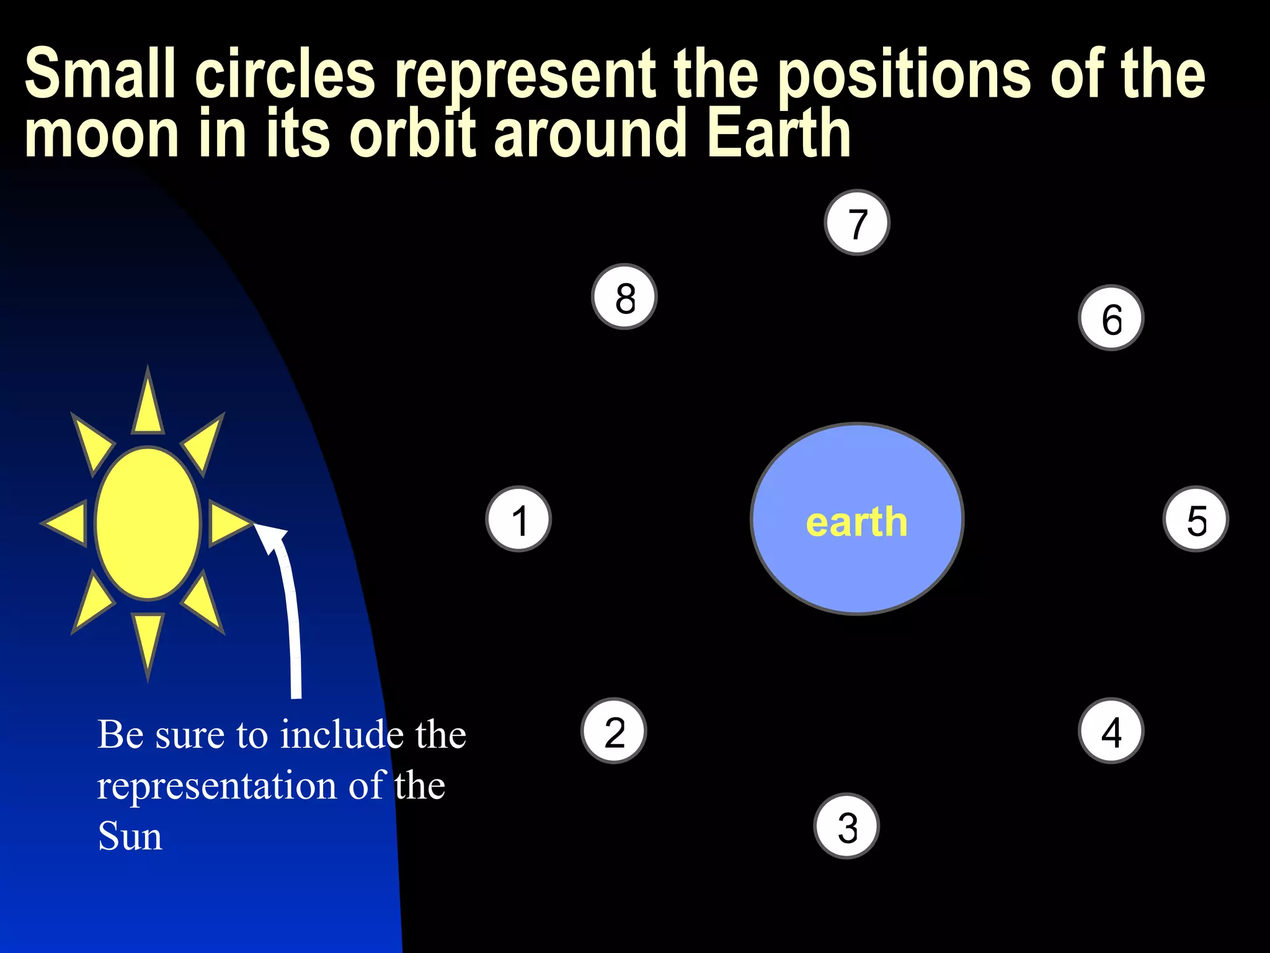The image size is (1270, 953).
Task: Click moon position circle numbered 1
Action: tap(518, 519)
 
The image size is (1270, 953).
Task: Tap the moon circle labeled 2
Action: tap(614, 731)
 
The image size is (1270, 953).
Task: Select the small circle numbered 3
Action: tap(846, 826)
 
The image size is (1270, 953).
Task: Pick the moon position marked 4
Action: tap(1111, 731)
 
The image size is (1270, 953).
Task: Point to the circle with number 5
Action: tap(1196, 519)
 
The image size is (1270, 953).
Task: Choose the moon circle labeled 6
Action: tap(1111, 318)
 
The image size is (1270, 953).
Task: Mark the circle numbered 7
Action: tap(857, 222)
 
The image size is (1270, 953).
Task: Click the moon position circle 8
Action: tap(624, 297)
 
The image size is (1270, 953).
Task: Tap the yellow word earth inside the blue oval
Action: tap(856, 522)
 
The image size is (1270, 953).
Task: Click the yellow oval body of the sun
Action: tap(148, 524)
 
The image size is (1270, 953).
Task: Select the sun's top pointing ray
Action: tap(148, 403)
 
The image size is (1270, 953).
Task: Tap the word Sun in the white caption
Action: tap(130, 836)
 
